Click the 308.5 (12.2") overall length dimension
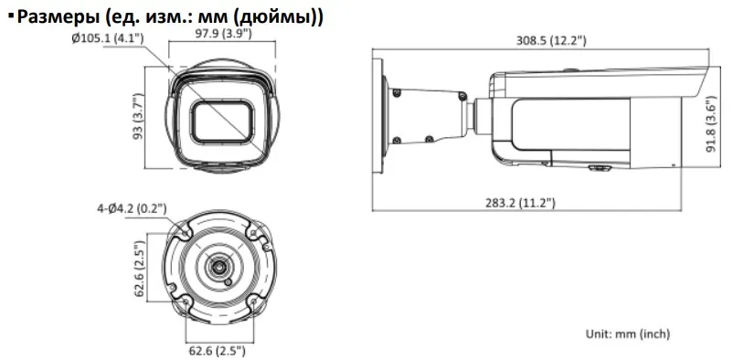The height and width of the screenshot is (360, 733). (x=551, y=41)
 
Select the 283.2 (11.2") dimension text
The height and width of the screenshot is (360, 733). (x=520, y=203)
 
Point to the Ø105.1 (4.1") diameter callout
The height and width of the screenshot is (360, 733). (x=108, y=38)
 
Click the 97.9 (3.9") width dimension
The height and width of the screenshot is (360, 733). (x=222, y=33)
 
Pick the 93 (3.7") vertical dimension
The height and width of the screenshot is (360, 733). (x=137, y=118)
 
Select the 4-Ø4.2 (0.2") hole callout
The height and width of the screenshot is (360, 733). (x=132, y=208)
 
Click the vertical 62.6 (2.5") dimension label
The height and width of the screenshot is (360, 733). (x=138, y=269)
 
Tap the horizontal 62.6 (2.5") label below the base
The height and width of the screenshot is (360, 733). (x=217, y=350)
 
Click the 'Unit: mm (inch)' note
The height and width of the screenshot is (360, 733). (x=628, y=334)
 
